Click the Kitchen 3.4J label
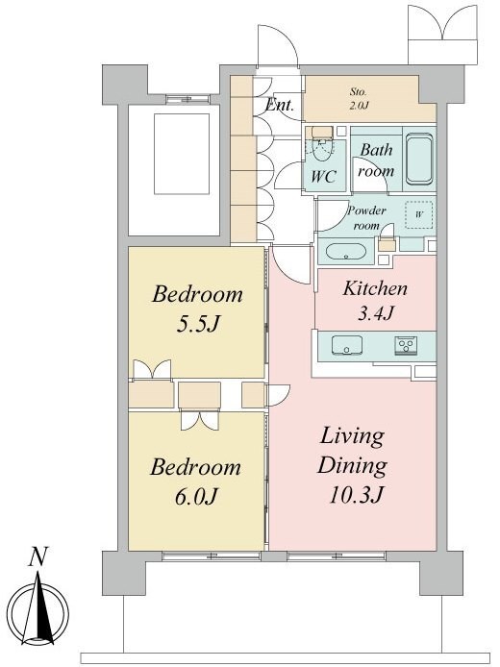pos(375,301)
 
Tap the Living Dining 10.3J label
pos(352,466)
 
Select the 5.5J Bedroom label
pos(197,309)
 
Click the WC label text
pos(323,176)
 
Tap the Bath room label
pos(376,161)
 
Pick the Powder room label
pos(366,218)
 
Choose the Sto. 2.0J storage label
pos(359,99)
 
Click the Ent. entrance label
pos(279,105)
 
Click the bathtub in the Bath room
pos(419,160)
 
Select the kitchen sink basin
pos(347,344)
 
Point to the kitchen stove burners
pos(406,344)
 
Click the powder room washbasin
pos(346,251)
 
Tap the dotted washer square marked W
pos(418,214)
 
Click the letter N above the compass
pos(37,556)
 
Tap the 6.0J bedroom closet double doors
pos(200,420)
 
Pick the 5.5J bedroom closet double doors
pos(152,369)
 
